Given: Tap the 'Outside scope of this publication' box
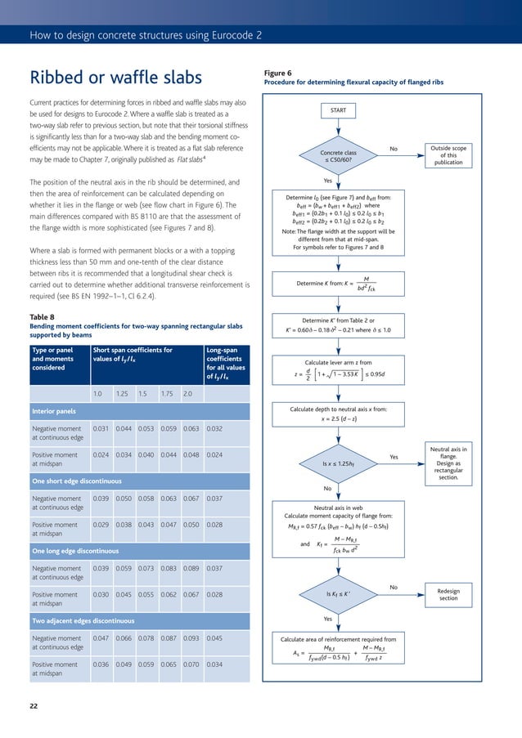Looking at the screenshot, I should click(x=448, y=155).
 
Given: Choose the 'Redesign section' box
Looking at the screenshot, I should click(x=448, y=594).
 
